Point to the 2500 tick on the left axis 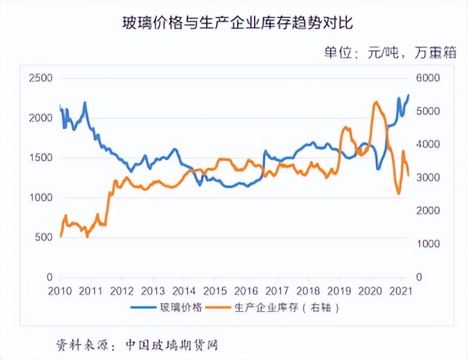tap(41, 78)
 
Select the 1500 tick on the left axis tap(41, 157)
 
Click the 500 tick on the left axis tap(43, 237)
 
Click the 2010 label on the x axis tap(60, 290)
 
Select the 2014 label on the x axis tap(184, 290)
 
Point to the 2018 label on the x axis tap(308, 290)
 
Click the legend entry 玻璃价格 tap(183, 307)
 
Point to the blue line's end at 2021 tap(408, 95)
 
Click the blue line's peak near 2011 tap(84, 103)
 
